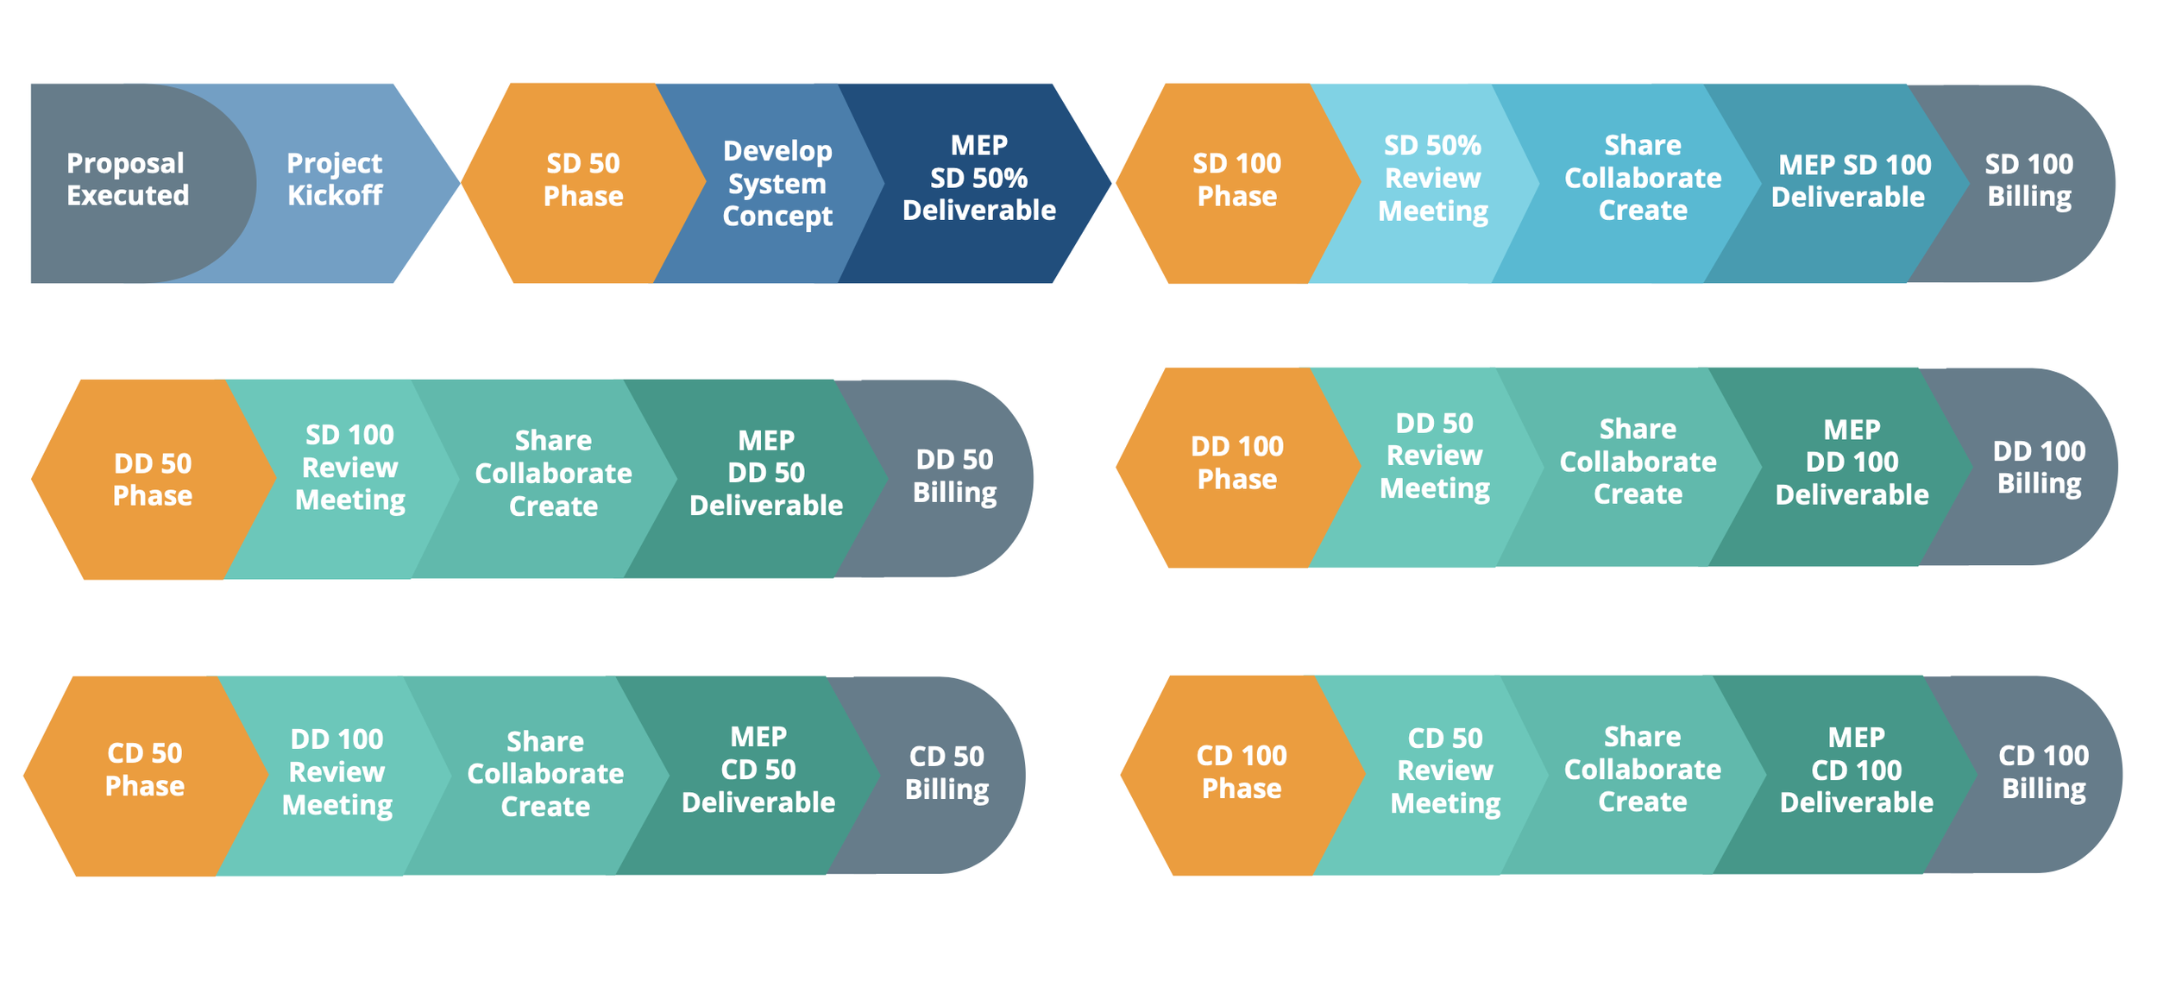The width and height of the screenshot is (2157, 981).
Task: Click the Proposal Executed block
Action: (x=128, y=179)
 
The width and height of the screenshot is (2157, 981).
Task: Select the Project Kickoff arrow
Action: (x=335, y=179)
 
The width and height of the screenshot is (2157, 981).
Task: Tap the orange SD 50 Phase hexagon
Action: (x=583, y=179)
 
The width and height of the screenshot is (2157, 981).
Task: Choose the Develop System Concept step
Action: (x=777, y=183)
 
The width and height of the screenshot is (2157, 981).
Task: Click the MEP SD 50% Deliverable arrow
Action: (x=978, y=178)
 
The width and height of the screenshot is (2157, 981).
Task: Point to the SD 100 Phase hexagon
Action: (x=1236, y=179)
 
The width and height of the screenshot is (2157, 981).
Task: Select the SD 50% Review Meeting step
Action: (x=1432, y=178)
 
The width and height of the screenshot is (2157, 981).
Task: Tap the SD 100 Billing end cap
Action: (x=2029, y=180)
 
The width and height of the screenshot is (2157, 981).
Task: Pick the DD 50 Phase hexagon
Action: (x=153, y=480)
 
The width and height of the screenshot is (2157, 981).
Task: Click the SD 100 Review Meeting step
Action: (x=349, y=468)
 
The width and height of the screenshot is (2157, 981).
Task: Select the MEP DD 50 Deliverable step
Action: (x=765, y=473)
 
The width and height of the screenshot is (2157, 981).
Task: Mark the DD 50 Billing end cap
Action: (x=954, y=476)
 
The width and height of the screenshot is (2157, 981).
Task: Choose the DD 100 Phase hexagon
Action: (x=1236, y=463)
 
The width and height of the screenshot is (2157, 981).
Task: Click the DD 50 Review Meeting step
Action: (x=1434, y=456)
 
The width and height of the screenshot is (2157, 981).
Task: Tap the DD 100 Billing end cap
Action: (x=2040, y=467)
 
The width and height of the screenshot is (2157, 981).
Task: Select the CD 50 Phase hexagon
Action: (x=145, y=770)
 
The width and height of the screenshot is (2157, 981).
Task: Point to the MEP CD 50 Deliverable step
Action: (x=758, y=770)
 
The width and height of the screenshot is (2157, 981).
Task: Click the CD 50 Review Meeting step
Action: (x=1445, y=770)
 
